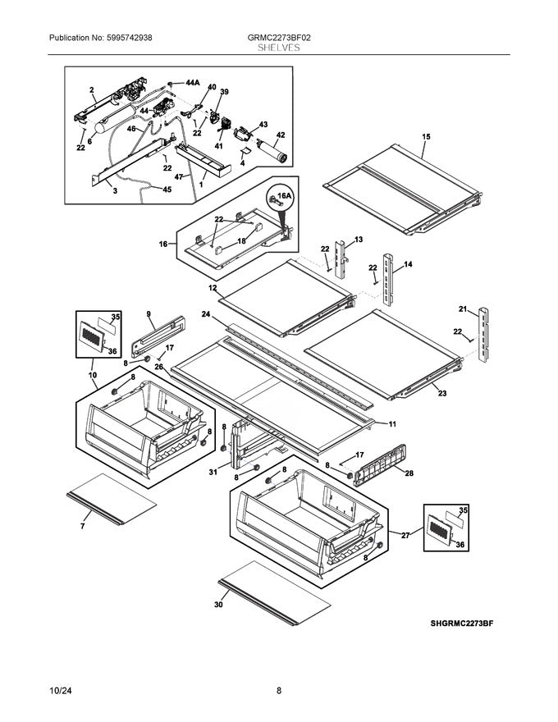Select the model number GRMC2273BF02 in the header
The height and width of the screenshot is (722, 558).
[x=278, y=38]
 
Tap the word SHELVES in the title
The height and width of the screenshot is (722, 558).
[x=278, y=48]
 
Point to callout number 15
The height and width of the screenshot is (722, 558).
[x=425, y=136]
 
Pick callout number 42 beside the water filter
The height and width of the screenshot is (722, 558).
[x=281, y=135]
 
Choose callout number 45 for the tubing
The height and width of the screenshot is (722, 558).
[x=167, y=190]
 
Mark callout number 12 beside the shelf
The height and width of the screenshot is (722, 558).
[x=212, y=288]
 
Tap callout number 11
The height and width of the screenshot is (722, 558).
[x=392, y=423]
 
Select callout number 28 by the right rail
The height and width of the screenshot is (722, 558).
[x=409, y=473]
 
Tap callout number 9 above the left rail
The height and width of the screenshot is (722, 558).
[x=149, y=314]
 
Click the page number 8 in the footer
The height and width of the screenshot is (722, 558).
[x=279, y=691]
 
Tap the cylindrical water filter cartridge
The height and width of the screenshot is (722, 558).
[x=272, y=153]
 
